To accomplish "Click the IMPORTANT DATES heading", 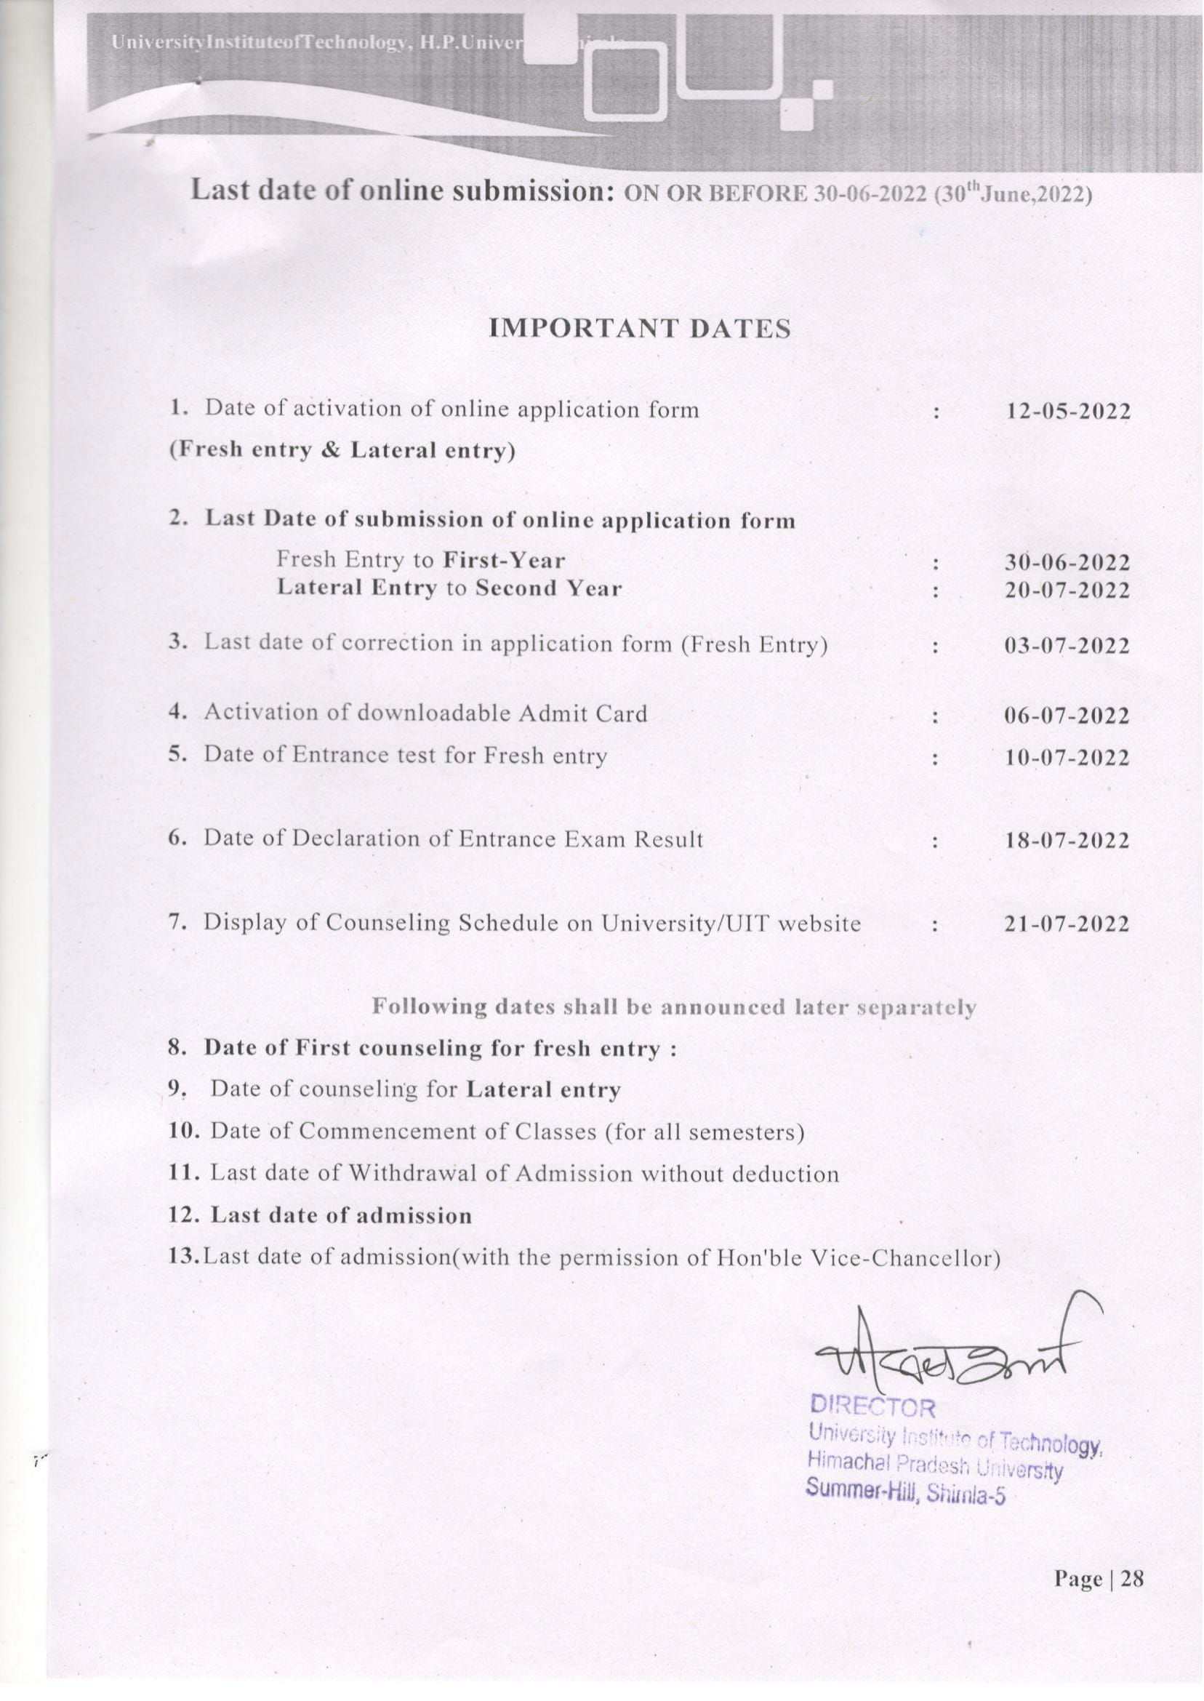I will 640,329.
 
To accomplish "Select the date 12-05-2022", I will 1067,412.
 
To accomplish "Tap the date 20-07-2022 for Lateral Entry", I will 1067,591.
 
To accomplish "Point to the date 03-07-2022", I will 1067,646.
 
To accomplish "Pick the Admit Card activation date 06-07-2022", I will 1067,716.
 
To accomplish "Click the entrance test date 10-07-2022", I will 1067,759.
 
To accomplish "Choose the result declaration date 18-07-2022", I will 1067,841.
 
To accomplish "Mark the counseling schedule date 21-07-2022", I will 1067,924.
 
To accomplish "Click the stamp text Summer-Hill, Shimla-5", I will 906,1491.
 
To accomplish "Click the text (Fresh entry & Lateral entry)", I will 342,451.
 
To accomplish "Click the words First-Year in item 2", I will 504,561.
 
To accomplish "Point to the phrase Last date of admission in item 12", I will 341,1216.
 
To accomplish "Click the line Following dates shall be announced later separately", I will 673,1007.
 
